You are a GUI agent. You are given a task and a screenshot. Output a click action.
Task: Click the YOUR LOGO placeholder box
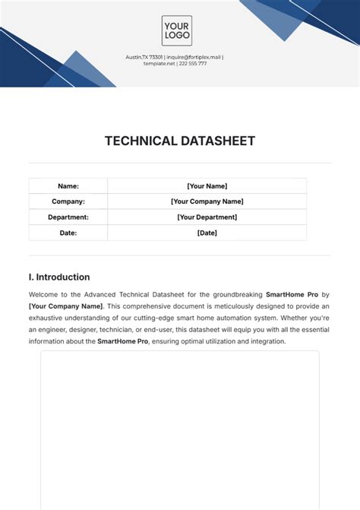coord(176,30)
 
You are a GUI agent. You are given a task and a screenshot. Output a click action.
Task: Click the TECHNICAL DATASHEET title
coord(180,141)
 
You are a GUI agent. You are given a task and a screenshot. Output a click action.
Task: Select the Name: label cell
coord(68,186)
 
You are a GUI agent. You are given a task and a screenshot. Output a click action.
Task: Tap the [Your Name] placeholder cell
coord(207,186)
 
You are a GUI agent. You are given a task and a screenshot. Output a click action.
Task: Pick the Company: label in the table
coord(68,201)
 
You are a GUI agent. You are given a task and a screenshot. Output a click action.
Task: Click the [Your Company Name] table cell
coord(207,201)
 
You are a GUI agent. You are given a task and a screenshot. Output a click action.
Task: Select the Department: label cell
coord(68,217)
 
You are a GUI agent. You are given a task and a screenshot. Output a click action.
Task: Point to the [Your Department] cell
coord(207,217)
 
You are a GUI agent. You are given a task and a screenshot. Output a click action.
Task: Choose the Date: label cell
coord(68,233)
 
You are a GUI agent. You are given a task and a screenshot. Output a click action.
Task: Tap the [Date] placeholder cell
coord(207,233)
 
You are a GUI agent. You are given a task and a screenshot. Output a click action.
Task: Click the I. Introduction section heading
coord(59,277)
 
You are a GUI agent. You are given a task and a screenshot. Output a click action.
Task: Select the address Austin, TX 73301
coord(144,57)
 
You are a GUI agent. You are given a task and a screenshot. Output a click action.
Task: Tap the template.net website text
coord(159,63)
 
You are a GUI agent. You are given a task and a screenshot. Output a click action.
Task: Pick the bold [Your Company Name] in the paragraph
coord(65,306)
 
